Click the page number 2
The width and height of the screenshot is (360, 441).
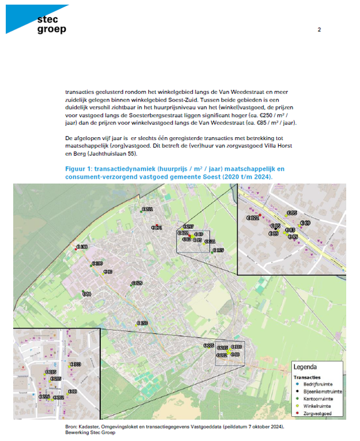click(319, 29)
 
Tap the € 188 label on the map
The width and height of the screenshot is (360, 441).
click(82, 247)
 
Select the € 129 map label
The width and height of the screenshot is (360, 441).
click(137, 283)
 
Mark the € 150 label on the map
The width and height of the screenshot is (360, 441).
click(142, 323)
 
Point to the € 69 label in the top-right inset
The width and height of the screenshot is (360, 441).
click(306, 223)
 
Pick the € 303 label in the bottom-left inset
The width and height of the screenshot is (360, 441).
click(76, 364)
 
